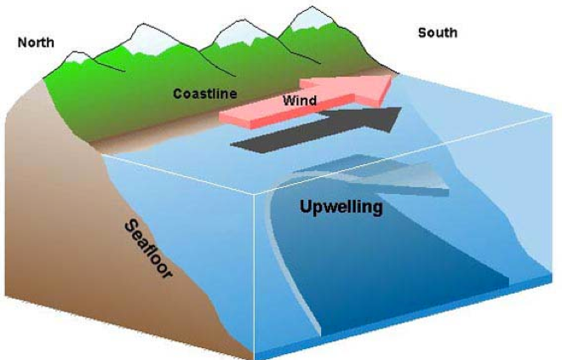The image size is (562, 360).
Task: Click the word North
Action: pyautogui.click(x=36, y=43)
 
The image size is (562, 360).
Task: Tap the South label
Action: pyautogui.click(x=438, y=33)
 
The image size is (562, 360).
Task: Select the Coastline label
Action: pyautogui.click(x=204, y=94)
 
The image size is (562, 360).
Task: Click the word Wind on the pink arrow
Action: pyautogui.click(x=300, y=100)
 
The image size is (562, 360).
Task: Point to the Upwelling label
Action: pyautogui.click(x=341, y=207)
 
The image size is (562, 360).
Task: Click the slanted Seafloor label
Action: pyautogui.click(x=148, y=249)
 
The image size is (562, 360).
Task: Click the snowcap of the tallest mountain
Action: pyautogui.click(x=311, y=18)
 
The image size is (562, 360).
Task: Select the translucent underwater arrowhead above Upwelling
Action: pyautogui.click(x=412, y=177)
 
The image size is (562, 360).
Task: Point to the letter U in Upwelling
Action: pyautogui.click(x=306, y=206)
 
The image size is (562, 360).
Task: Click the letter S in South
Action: pyautogui.click(x=422, y=33)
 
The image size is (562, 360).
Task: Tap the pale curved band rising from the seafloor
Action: pyautogui.click(x=287, y=265)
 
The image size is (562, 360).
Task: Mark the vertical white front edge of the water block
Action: pyautogui.click(x=254, y=276)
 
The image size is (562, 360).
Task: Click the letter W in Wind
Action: pyautogui.click(x=289, y=100)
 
